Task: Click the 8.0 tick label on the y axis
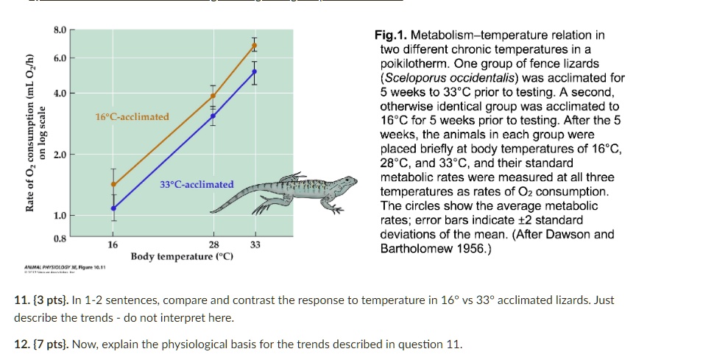pyautogui.click(x=60, y=30)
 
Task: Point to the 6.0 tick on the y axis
pyautogui.click(x=60, y=58)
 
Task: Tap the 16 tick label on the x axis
pyautogui.click(x=113, y=244)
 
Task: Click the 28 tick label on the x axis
pyautogui.click(x=213, y=244)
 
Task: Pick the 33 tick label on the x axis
pyautogui.click(x=255, y=244)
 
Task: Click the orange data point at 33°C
pyautogui.click(x=255, y=46)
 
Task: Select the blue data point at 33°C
pyautogui.click(x=255, y=71)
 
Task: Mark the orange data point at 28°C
pyautogui.click(x=213, y=96)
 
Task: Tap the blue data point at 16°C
pyautogui.click(x=113, y=208)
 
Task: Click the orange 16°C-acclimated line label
pyautogui.click(x=132, y=117)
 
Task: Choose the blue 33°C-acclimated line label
pyautogui.click(x=197, y=184)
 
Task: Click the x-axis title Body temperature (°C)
pyautogui.click(x=182, y=256)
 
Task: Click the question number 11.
pyautogui.click(x=21, y=300)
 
